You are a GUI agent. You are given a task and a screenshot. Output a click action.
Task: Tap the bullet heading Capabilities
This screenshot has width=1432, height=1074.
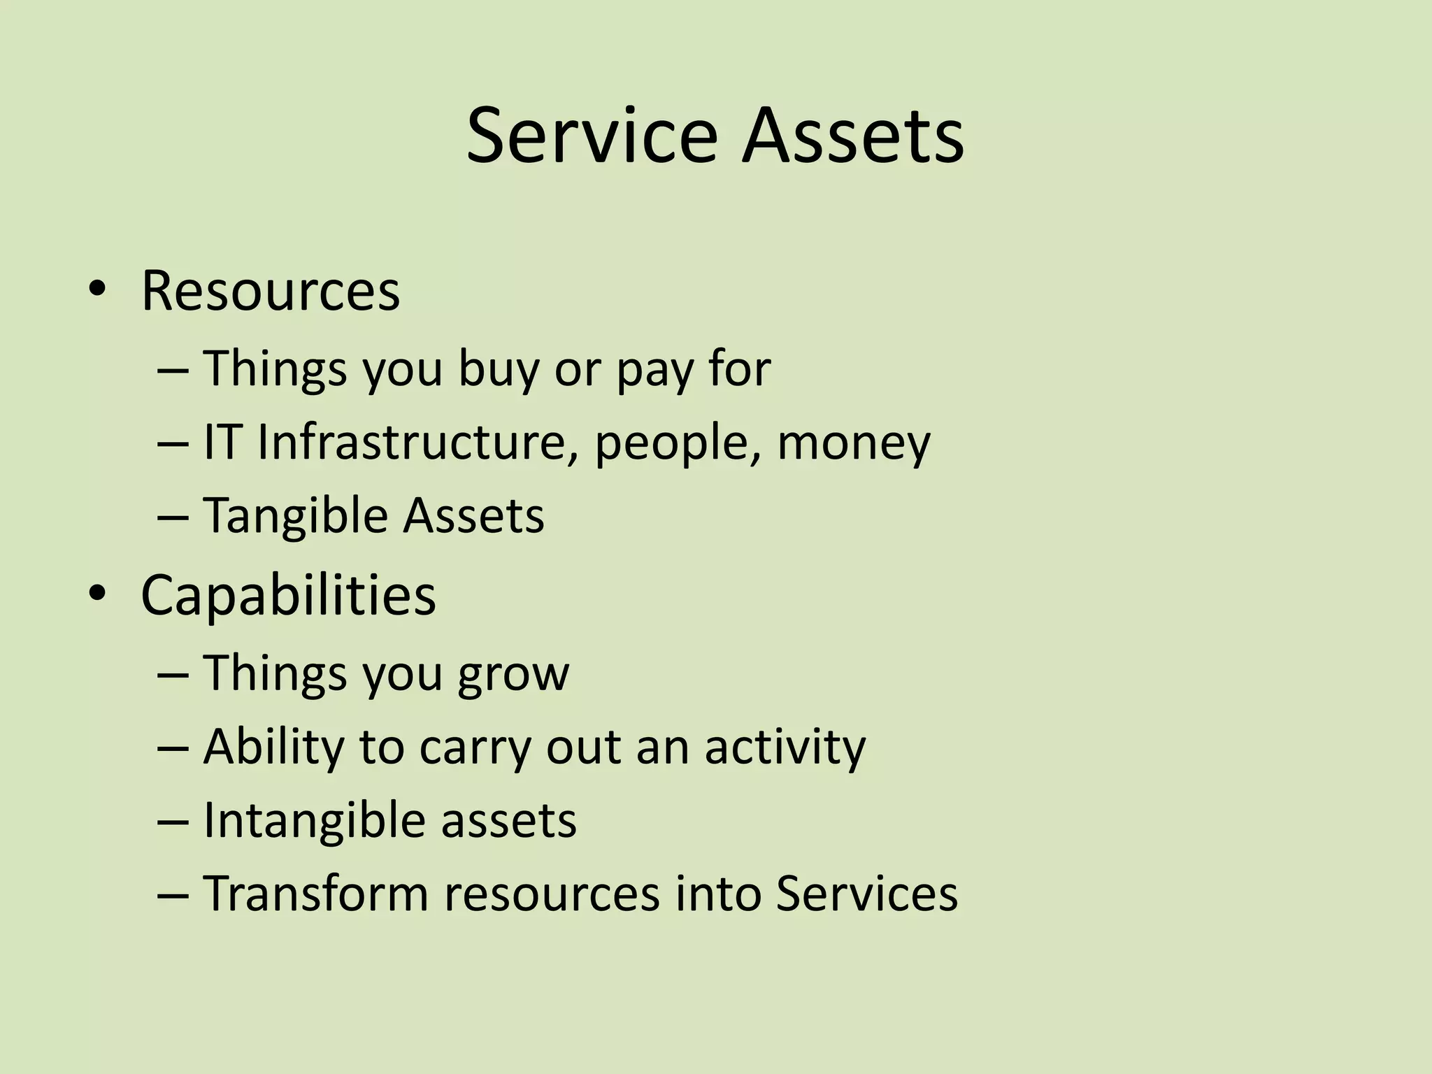(288, 595)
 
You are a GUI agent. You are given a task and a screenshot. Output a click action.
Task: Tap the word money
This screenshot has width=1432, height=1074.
(853, 443)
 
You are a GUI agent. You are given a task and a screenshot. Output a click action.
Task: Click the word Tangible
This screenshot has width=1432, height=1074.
(294, 517)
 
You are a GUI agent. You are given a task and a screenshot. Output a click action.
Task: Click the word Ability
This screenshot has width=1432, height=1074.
(273, 747)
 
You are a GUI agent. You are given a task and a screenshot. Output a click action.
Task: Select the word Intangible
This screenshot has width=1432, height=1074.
(312, 820)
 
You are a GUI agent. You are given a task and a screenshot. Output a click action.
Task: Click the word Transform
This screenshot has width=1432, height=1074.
(315, 894)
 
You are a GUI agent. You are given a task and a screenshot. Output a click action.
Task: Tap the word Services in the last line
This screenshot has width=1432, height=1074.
(866, 894)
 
